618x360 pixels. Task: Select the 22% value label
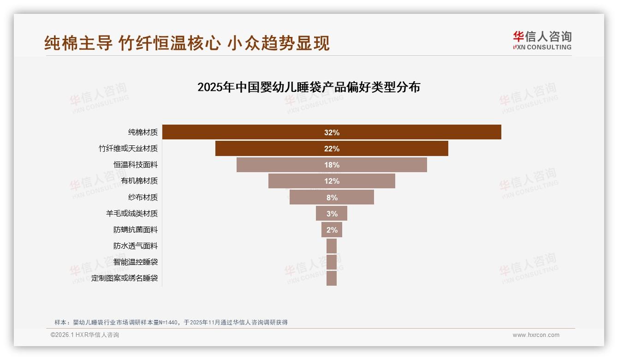(332, 149)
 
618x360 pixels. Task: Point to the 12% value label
(332, 181)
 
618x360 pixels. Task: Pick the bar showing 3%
(332, 214)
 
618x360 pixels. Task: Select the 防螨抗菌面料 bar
(332, 230)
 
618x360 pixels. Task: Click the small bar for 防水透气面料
(332, 246)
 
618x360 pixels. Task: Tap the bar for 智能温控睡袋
(332, 262)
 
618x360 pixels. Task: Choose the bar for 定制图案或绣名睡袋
(332, 278)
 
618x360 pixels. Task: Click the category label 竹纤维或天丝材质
(128, 149)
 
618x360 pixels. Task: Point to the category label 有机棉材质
(139, 181)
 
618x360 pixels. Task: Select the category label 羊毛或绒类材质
(132, 214)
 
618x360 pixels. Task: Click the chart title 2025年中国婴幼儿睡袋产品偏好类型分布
(309, 87)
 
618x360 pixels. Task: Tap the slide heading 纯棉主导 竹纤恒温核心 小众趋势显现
(187, 43)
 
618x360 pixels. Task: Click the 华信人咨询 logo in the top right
(542, 41)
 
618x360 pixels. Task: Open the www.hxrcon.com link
(536, 335)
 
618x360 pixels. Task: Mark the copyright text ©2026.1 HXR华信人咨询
(85, 335)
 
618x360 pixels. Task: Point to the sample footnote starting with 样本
(171, 322)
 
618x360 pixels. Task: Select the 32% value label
(332, 132)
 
